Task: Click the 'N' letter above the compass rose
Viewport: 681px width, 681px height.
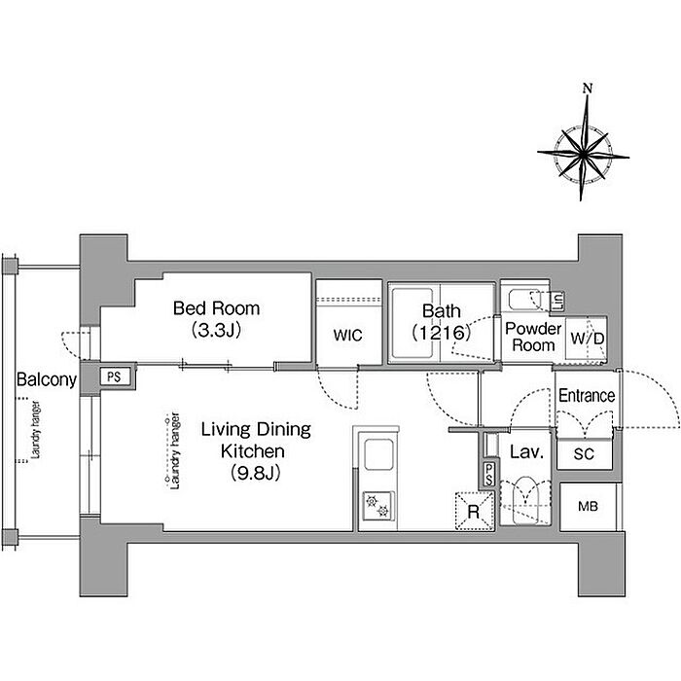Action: pos(588,89)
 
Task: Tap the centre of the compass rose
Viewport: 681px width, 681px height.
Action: pos(583,154)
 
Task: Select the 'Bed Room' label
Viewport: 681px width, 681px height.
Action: pos(216,308)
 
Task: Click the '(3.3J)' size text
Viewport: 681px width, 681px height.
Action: pos(216,330)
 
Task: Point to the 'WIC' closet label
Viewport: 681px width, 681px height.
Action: pos(347,336)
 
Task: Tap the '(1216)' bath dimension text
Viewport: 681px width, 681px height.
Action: pos(442,333)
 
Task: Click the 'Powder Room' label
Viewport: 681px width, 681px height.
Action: pos(533,337)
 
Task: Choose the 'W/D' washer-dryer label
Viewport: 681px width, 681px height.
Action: pos(587,339)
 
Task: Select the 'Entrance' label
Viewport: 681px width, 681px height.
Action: pos(587,396)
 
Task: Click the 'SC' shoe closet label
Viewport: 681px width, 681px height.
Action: pos(584,454)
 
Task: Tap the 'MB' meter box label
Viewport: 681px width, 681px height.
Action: pos(588,507)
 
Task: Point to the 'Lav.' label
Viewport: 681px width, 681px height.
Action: pos(526,452)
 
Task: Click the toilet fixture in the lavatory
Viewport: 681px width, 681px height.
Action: pos(525,501)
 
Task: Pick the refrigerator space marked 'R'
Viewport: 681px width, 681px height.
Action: pos(475,511)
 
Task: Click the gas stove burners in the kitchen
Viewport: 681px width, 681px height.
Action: pos(377,507)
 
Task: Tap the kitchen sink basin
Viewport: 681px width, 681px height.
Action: pos(378,454)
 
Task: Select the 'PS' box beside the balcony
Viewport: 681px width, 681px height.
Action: pos(114,376)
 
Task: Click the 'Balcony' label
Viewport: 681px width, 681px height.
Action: pos(47,379)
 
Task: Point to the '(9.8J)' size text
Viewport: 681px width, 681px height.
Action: pos(255,472)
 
